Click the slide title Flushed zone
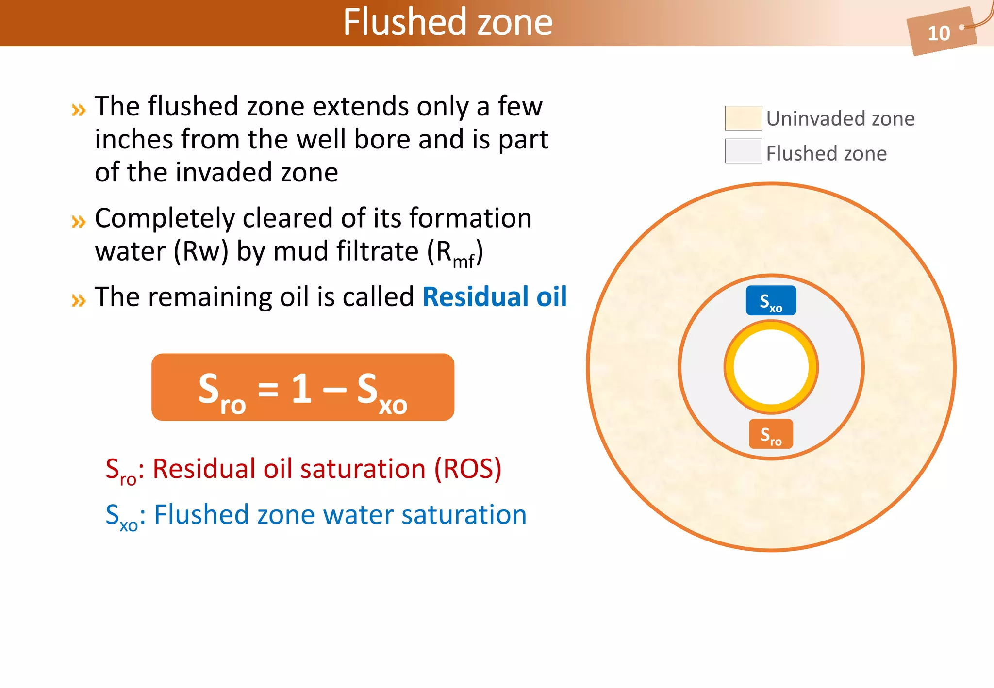coord(447,22)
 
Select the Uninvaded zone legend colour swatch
coord(743,118)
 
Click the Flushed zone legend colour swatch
coord(743,151)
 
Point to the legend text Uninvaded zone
coord(840,119)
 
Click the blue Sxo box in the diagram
coord(771,301)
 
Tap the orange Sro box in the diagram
coord(771,434)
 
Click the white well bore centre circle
coord(771,367)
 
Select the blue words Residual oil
coord(495,296)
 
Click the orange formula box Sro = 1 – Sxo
coord(303,387)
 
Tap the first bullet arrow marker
coord(79,110)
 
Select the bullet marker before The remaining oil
coord(79,300)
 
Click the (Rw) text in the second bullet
coord(201,252)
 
